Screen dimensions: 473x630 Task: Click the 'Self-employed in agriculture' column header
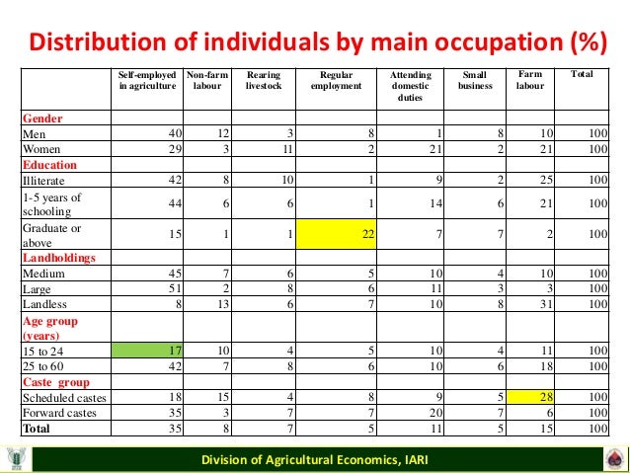click(147, 80)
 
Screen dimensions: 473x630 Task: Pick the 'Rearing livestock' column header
click(264, 80)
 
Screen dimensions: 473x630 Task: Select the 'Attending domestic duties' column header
click(410, 86)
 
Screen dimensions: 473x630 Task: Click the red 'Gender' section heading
click(41, 117)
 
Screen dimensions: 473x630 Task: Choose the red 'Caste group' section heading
click(56, 382)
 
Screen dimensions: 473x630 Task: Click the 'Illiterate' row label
click(43, 181)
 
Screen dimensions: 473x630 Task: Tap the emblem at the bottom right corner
click(614, 459)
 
